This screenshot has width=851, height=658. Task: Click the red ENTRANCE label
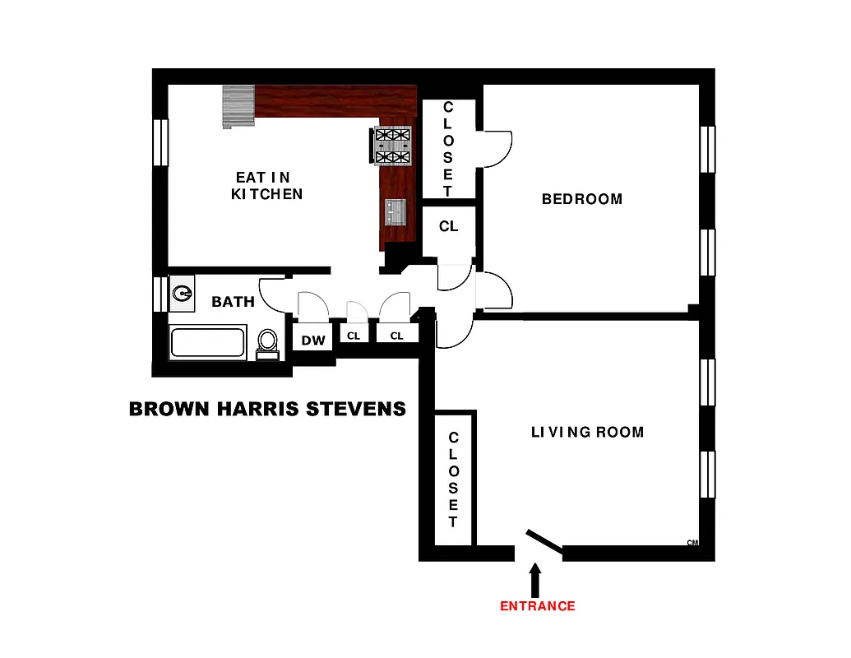tap(538, 606)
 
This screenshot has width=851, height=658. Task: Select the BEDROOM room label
tap(582, 199)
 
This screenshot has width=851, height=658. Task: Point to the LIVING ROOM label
tap(587, 432)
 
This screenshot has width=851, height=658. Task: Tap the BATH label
tap(233, 302)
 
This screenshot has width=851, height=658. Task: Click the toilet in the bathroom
tap(267, 341)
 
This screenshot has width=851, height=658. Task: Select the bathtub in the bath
tap(208, 342)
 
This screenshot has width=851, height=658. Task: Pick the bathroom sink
tap(183, 292)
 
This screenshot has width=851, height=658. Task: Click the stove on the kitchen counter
tap(392, 146)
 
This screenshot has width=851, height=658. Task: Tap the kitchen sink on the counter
tap(395, 212)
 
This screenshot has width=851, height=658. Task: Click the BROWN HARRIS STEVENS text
tap(267, 408)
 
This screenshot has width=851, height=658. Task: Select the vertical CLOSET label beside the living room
tap(453, 480)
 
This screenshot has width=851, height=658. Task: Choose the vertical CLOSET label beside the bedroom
tap(448, 149)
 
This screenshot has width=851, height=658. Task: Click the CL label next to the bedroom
tap(448, 226)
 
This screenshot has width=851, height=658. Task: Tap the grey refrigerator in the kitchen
tap(238, 106)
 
